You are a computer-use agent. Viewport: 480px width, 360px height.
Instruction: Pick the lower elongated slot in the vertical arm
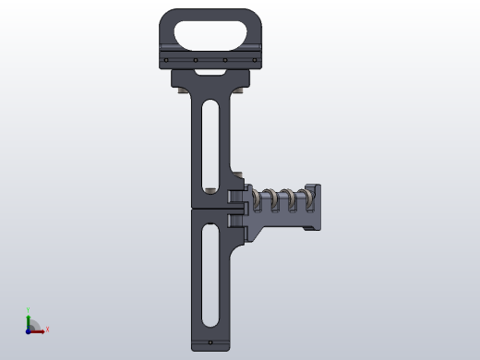point(210,277)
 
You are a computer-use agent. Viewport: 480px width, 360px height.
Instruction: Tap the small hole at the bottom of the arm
point(210,342)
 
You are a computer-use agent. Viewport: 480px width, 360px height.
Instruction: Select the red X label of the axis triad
point(47,329)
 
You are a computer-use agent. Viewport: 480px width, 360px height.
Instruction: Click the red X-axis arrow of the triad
point(38,330)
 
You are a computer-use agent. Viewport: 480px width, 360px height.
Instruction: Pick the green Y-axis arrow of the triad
point(28,321)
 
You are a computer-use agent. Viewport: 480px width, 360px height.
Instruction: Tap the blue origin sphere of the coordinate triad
point(28,330)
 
